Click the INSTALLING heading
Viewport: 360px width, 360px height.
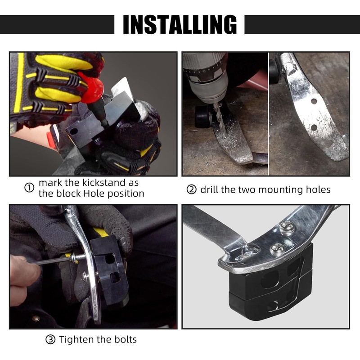tap(180, 25)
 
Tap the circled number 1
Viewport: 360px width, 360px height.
tap(29, 188)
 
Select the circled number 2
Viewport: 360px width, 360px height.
tap(192, 189)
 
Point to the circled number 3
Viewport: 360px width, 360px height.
tap(50, 339)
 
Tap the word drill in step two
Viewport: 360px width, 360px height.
tap(208, 189)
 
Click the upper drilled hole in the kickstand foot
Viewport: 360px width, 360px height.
tap(314, 101)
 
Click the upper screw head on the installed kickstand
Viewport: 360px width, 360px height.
tap(287, 227)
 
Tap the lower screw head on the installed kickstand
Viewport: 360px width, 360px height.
tap(277, 249)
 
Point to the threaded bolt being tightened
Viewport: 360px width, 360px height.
tap(78, 257)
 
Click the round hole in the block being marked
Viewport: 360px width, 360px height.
tap(74, 131)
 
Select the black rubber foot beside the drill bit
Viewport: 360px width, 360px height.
tap(203, 117)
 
